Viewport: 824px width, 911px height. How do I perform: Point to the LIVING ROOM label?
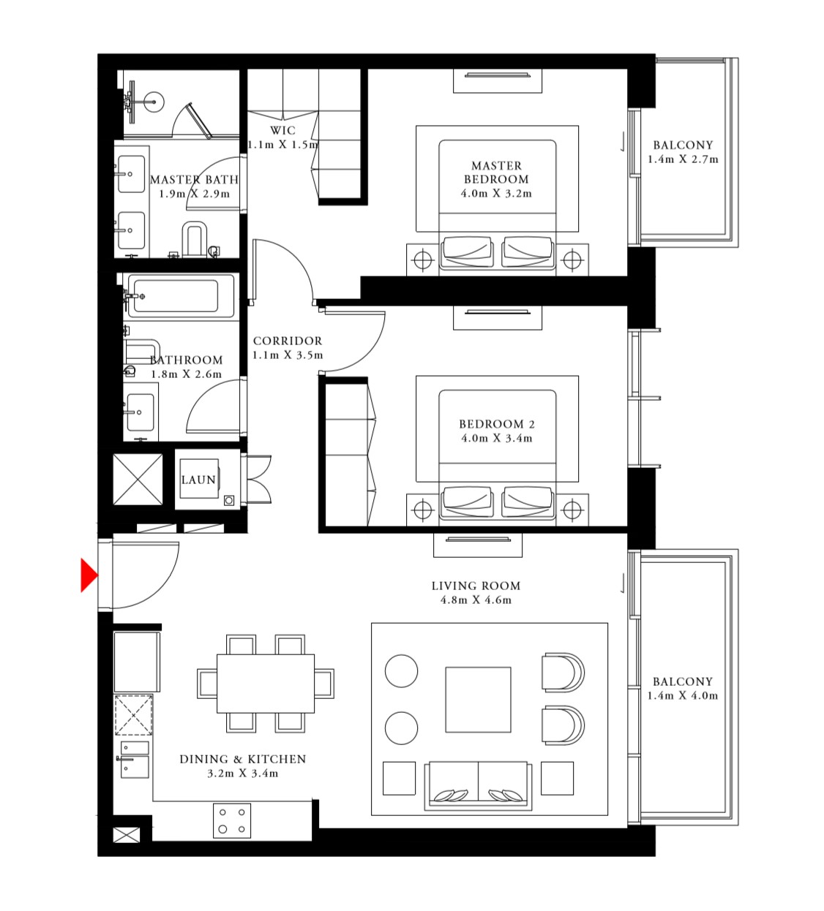476,586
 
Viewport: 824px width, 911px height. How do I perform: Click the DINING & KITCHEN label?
242,759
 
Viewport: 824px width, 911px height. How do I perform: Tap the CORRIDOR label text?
288,341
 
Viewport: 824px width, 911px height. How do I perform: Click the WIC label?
282,131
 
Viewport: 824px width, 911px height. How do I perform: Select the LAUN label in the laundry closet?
198,480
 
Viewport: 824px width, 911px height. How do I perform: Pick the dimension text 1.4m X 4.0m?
682,696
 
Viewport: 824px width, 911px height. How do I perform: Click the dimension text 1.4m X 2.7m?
682,159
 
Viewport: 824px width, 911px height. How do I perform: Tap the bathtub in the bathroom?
181,296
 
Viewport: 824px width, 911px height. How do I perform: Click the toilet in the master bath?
194,238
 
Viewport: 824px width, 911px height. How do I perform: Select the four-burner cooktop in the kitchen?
232,820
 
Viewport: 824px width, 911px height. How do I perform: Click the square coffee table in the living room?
478,699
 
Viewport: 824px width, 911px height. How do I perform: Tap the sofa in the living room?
478,785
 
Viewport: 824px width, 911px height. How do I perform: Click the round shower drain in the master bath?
154,101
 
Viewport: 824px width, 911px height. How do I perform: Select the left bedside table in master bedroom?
422,260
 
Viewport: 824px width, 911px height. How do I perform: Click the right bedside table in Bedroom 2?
572,510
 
